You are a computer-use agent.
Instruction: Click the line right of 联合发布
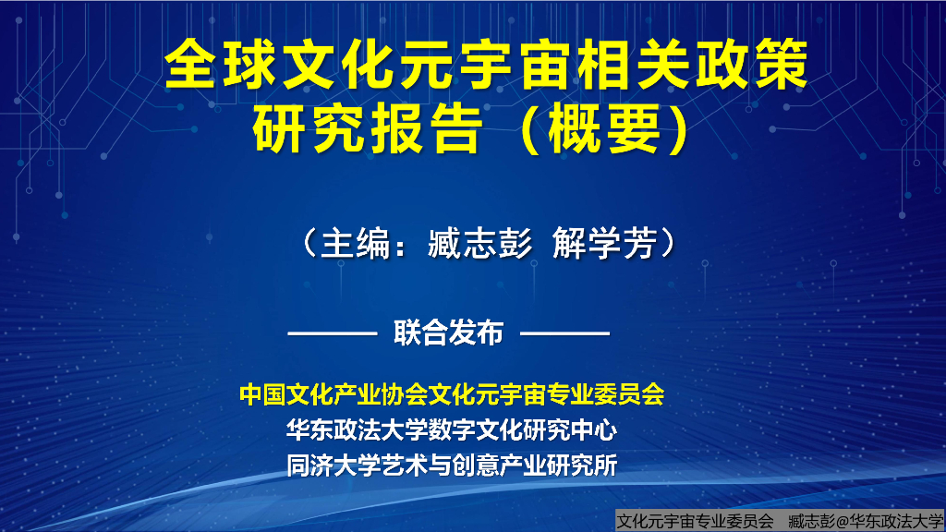point(571,332)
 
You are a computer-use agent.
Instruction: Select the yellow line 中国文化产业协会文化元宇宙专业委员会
point(452,394)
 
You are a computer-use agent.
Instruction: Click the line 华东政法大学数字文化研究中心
point(452,429)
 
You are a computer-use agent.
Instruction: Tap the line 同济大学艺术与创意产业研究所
point(452,465)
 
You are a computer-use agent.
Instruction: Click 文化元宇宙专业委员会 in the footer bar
point(694,521)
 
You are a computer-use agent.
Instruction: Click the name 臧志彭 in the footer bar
point(805,521)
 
